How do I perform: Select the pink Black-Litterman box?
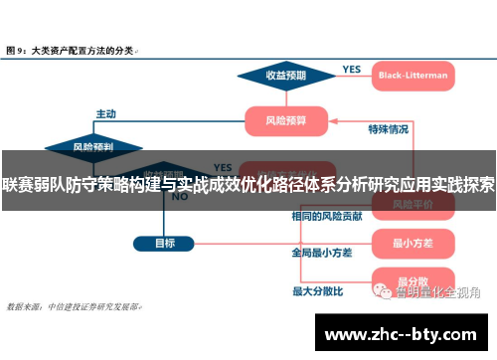click(413, 76)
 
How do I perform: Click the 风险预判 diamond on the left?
click(92, 146)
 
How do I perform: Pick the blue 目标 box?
click(165, 242)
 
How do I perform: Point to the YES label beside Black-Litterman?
click(352, 69)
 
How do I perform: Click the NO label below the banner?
click(180, 197)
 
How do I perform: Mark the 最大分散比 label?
click(318, 291)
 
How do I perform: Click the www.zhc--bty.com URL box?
click(404, 333)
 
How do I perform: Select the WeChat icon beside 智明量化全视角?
click(382, 291)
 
